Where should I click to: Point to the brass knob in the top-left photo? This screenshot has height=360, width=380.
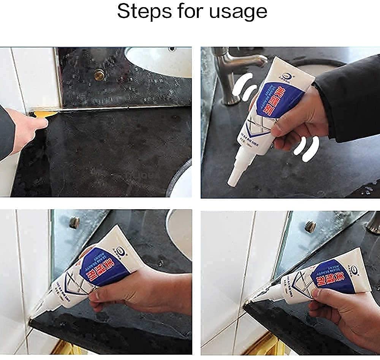[x=99, y=76]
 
